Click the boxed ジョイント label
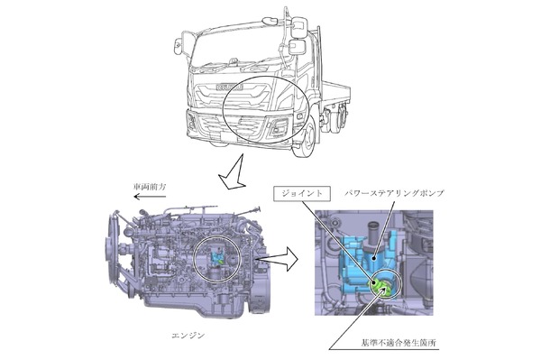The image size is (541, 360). click(302, 194)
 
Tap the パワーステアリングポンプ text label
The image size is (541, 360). click(394, 193)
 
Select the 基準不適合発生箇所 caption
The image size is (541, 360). click(399, 343)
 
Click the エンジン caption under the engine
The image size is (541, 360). click(188, 335)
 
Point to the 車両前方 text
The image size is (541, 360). click(150, 187)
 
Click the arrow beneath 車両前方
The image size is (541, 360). click(150, 197)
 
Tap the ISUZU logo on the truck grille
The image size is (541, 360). click(230, 87)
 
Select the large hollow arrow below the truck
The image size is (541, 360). click(233, 172)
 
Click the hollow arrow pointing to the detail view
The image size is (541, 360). click(278, 259)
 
